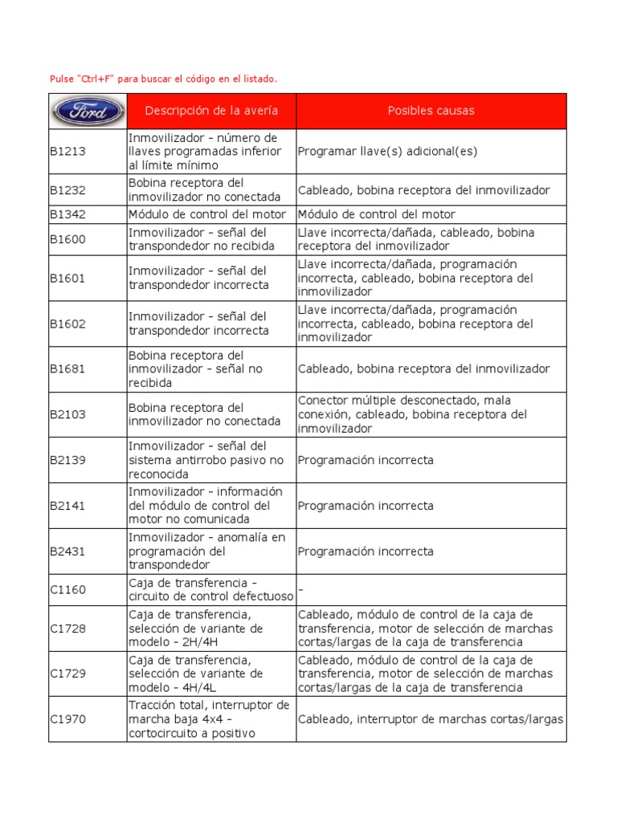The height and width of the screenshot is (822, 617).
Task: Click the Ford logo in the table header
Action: (88, 111)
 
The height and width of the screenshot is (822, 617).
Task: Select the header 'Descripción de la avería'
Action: (211, 111)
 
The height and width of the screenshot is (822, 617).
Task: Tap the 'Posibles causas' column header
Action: (431, 111)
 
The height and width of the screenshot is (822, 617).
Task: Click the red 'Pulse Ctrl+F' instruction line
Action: (163, 79)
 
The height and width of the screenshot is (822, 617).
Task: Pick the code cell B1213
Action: (67, 151)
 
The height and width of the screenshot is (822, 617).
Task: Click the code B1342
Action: (67, 214)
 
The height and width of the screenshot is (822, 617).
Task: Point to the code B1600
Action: (67, 238)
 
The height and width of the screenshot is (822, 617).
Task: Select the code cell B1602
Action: (67, 324)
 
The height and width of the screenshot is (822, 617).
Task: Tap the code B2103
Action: (67, 414)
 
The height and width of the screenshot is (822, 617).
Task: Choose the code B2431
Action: (67, 551)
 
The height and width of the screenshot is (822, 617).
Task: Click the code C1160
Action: (67, 589)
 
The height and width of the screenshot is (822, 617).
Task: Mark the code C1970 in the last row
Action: (67, 719)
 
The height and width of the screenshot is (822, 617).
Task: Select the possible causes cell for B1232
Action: (423, 190)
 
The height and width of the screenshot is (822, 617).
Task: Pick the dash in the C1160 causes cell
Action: (301, 589)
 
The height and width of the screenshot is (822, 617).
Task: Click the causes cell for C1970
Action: (431, 719)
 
